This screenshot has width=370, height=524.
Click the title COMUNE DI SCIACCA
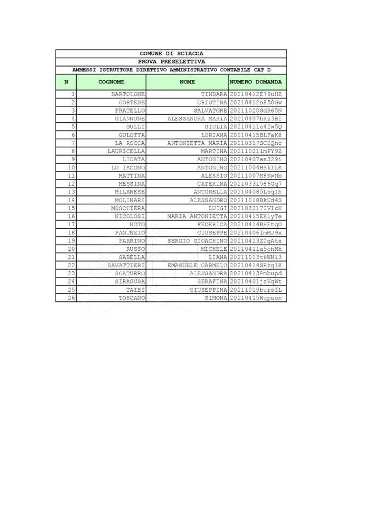(x=171, y=54)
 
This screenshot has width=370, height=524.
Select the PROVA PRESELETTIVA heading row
(x=171, y=61)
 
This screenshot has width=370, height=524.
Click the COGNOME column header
(x=111, y=82)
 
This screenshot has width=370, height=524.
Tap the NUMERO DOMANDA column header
(x=258, y=82)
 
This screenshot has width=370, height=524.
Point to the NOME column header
(x=188, y=82)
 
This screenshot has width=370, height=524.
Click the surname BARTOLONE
(x=128, y=95)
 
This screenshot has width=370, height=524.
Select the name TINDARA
(x=214, y=95)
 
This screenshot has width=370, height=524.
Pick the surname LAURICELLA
(x=126, y=151)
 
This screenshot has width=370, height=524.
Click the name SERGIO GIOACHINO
(x=197, y=241)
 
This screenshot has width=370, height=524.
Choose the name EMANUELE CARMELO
(x=197, y=265)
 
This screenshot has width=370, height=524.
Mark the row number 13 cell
(x=71, y=192)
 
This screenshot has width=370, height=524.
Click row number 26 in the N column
(x=71, y=298)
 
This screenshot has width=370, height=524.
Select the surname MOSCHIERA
(x=128, y=208)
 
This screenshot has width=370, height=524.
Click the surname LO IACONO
(x=128, y=167)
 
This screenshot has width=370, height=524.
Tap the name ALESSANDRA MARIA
(x=197, y=119)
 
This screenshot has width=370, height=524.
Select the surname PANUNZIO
(x=130, y=233)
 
